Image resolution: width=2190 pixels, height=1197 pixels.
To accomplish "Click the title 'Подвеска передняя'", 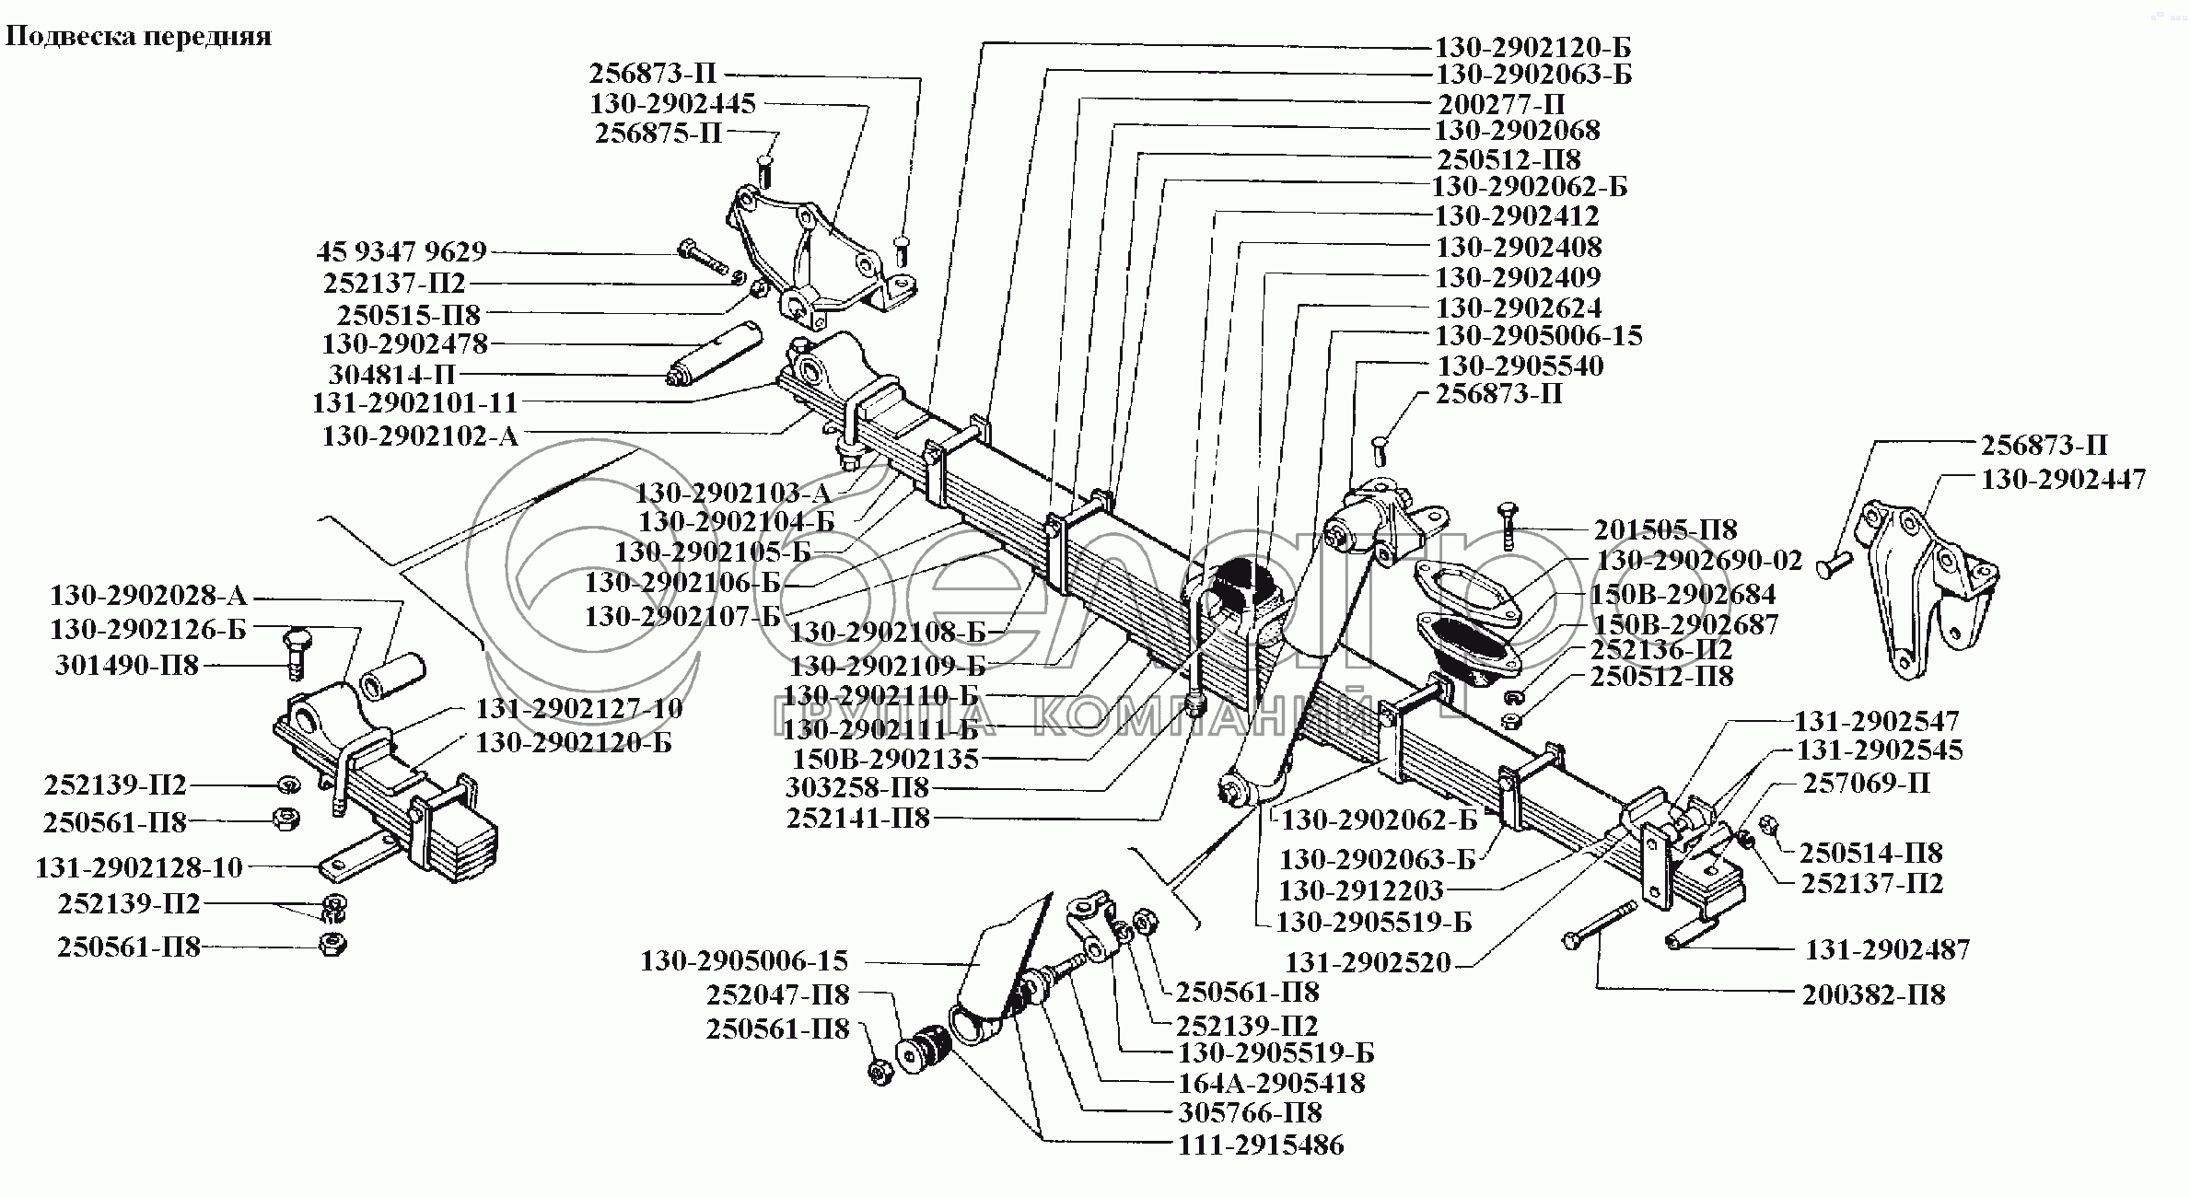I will pyautogui.click(x=139, y=37).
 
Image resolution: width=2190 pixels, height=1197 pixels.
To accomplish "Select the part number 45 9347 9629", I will pyautogui.click(x=402, y=252).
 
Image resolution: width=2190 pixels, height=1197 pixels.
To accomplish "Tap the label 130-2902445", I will pyautogui.click(x=672, y=103).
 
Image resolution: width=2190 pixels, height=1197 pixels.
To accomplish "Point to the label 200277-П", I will pyautogui.click(x=1501, y=103).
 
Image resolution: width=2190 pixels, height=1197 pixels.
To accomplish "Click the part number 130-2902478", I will pyautogui.click(x=404, y=344).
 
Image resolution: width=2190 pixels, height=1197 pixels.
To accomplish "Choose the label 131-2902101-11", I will pyautogui.click(x=414, y=402).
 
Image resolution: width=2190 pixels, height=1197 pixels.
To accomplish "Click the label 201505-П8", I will pyautogui.click(x=1665, y=529).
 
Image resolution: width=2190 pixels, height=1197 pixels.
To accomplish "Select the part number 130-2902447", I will pyautogui.click(x=2063, y=480).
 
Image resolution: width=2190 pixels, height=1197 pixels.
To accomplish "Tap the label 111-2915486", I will pyautogui.click(x=1261, y=1145).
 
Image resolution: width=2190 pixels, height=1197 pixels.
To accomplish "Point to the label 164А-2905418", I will pyautogui.click(x=1271, y=1083).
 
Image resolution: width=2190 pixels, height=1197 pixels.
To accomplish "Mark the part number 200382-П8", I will pyautogui.click(x=1874, y=994).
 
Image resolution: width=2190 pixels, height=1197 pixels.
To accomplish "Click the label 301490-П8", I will pyautogui.click(x=127, y=665).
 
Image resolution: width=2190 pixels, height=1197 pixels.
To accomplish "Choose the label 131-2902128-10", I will pyautogui.click(x=139, y=867).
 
